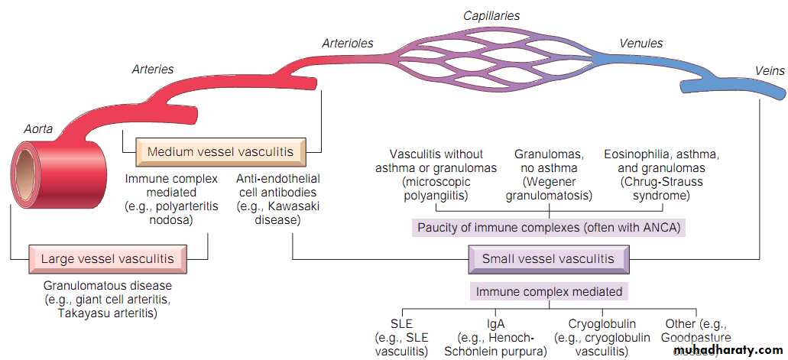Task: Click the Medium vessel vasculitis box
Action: pos(220,152)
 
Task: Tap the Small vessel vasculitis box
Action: pos(548,259)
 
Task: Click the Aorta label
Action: pos(37,129)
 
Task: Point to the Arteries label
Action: pos(153,70)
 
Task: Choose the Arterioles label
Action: pos(349,43)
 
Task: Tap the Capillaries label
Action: pos(491,15)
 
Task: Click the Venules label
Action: pos(641,43)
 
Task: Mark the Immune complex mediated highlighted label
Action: pos(549,291)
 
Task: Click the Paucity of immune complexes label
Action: pos(548,227)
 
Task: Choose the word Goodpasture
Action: pos(696,337)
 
